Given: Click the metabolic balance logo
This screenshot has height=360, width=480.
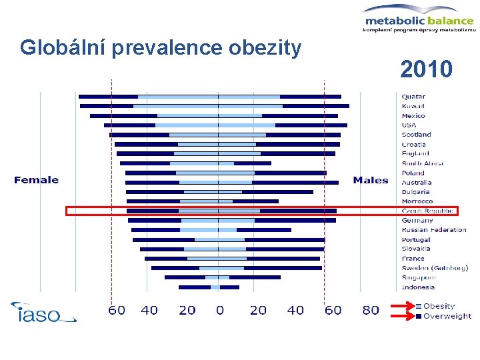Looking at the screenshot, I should pyautogui.click(x=419, y=18).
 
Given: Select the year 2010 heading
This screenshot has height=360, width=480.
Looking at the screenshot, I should pyautogui.click(x=426, y=68).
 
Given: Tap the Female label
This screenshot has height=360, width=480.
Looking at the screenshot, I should pyautogui.click(x=36, y=180).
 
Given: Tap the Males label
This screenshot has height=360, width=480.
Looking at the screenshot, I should pyautogui.click(x=371, y=180).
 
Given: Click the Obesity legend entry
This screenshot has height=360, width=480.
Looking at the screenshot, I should pyautogui.click(x=439, y=306).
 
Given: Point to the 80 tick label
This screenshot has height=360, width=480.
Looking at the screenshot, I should pyautogui.click(x=371, y=310).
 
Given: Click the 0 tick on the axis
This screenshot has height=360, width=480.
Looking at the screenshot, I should pyautogui.click(x=219, y=310).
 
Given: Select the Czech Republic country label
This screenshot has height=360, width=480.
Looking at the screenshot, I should pyautogui.click(x=427, y=211).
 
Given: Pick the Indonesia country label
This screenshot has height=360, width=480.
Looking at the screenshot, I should pyautogui.click(x=418, y=287).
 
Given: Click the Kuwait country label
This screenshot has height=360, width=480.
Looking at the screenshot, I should pyautogui.click(x=413, y=106).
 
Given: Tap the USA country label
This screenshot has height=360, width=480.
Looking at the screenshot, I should pyautogui.click(x=409, y=125).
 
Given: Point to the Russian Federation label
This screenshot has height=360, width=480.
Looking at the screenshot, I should pyautogui.click(x=434, y=230).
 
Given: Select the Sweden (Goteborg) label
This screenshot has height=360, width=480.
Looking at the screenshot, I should pyautogui.click(x=435, y=268).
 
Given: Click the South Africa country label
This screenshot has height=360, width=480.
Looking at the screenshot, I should pyautogui.click(x=423, y=163).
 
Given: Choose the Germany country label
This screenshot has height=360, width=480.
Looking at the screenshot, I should pyautogui.click(x=417, y=221).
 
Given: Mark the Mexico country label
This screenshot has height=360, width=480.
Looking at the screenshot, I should pyautogui.click(x=413, y=115).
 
